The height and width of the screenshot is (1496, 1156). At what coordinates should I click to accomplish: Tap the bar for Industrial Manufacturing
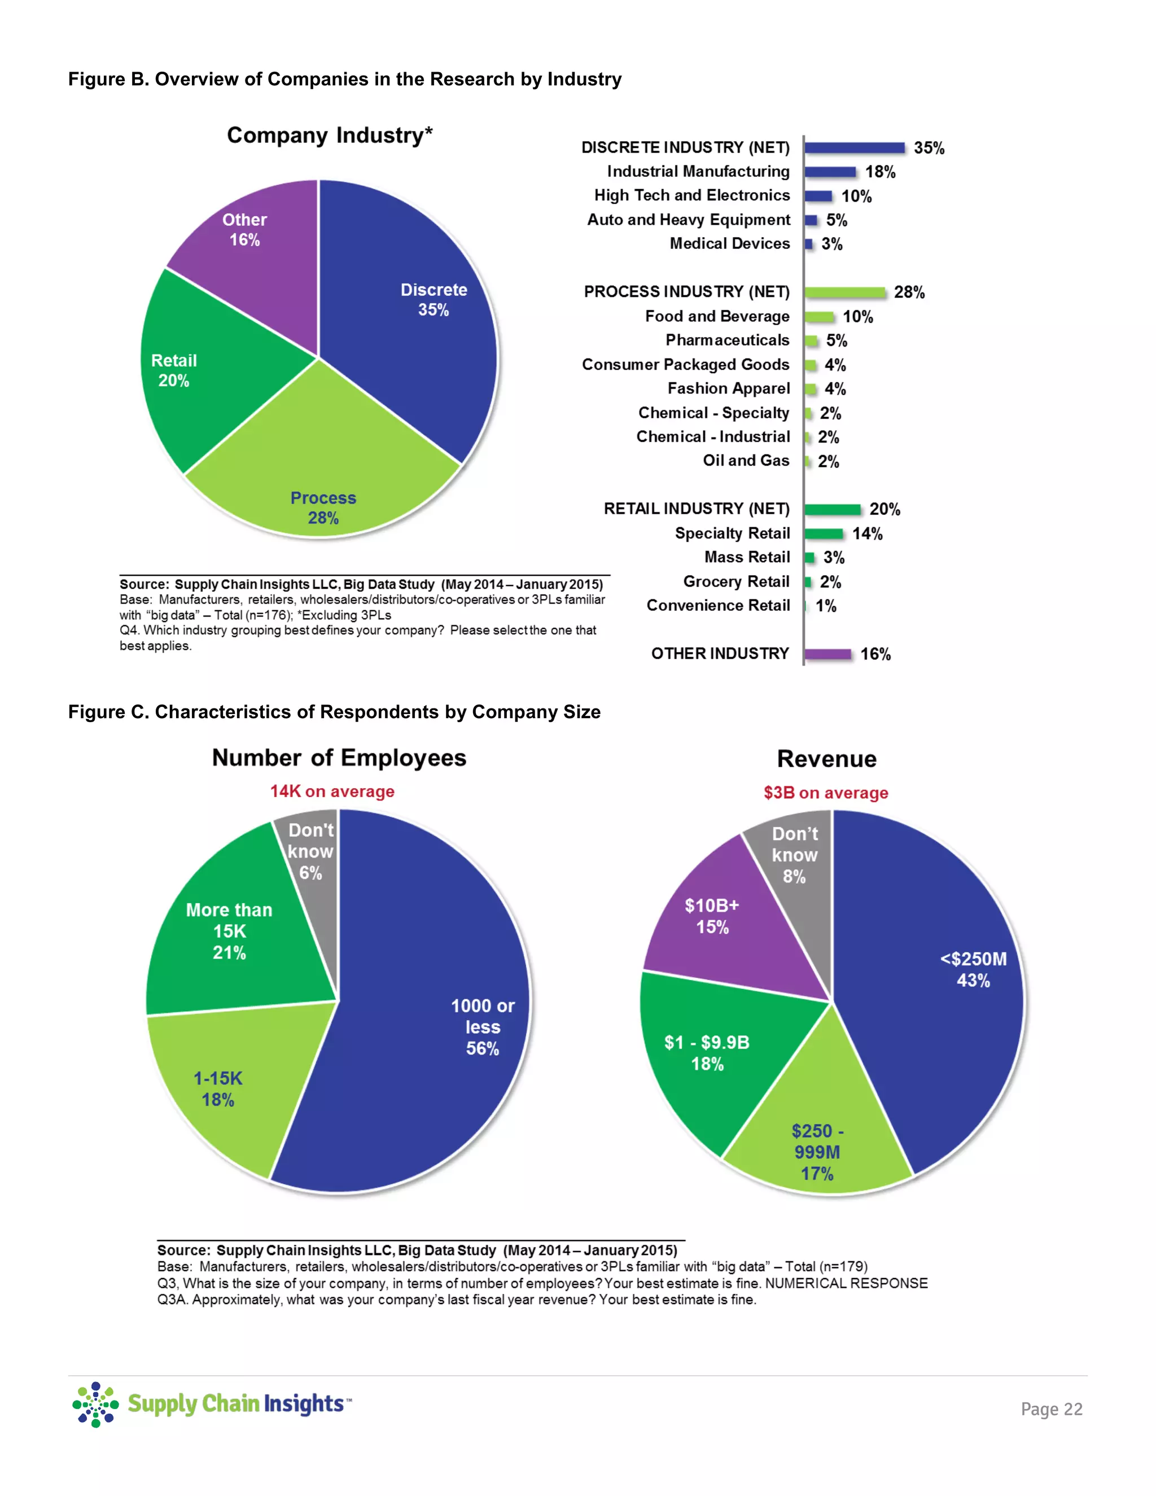pos(830,172)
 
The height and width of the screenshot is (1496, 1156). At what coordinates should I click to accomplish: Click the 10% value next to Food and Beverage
pos(857,317)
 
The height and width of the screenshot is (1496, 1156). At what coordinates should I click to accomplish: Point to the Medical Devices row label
pos(729,244)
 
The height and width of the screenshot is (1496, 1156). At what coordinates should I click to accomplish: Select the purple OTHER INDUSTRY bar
pos(828,654)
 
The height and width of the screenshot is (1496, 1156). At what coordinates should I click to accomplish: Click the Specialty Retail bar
pos(823,533)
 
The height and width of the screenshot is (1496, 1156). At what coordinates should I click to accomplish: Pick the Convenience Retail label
pos(718,606)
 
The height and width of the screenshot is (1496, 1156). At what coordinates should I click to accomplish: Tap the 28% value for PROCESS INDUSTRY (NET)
pos(909,292)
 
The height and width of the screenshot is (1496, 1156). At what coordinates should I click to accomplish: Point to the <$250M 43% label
pos(973,969)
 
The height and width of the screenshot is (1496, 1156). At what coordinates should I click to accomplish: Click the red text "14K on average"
pos(332,792)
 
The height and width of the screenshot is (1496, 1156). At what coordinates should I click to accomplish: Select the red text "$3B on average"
pos(826,793)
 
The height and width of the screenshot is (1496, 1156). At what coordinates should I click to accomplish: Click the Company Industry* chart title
pos(330,135)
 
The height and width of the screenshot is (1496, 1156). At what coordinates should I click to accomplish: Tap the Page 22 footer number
pos(1051,1409)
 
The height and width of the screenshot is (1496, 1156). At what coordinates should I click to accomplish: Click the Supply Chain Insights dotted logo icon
pos(95,1404)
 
